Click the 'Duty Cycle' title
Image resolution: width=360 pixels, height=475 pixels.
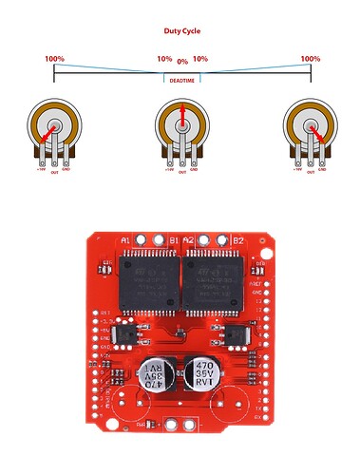180,30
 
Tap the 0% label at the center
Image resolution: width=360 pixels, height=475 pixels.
182,62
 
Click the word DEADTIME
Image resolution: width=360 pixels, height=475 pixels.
182,81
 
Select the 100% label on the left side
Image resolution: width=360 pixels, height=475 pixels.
54,59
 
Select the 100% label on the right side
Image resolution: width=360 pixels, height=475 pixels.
310,59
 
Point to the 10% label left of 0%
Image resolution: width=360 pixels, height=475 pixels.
164,59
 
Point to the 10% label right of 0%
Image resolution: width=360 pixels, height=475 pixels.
200,59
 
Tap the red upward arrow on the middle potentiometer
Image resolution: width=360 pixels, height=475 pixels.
182,117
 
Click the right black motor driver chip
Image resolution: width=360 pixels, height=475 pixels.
213,282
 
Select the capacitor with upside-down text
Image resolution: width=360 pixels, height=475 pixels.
152,375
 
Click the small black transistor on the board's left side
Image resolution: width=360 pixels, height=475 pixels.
126,332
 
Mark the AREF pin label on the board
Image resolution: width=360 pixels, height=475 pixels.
255,283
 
